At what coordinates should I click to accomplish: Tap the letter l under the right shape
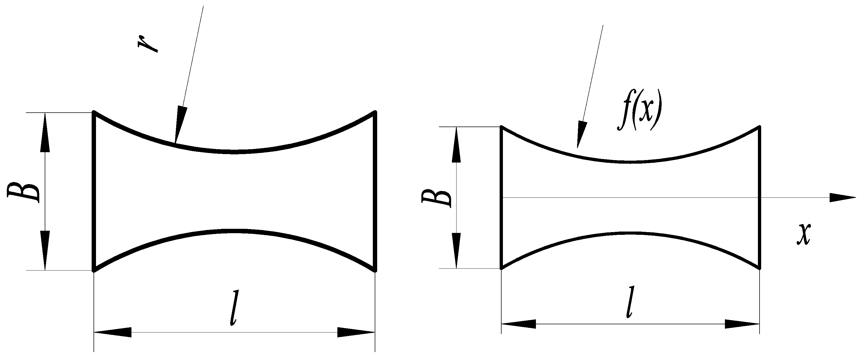(630, 302)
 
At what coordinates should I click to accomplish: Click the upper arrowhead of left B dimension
(45, 132)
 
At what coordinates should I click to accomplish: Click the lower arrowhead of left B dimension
(45, 251)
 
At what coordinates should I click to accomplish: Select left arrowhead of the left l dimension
(112, 332)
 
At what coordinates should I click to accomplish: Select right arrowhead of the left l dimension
(356, 332)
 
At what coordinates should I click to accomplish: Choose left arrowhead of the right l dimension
(518, 324)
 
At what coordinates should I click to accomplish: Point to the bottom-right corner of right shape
(760, 268)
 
